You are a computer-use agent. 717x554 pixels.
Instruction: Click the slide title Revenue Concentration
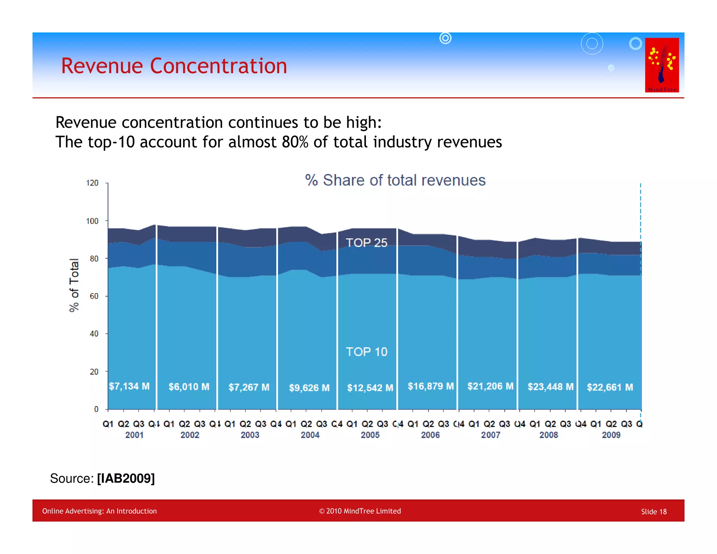pyautogui.click(x=174, y=66)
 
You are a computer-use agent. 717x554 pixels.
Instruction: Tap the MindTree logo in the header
pyautogui.click(x=662, y=65)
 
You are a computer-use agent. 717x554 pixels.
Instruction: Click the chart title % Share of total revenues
pyautogui.click(x=395, y=180)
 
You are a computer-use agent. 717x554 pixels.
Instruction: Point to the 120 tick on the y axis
pyautogui.click(x=92, y=183)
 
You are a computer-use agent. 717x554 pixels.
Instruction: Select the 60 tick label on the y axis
pyautogui.click(x=94, y=296)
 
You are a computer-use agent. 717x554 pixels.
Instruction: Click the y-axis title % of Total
pyautogui.click(x=74, y=285)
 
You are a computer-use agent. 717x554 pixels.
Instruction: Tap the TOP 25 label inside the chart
pyautogui.click(x=367, y=243)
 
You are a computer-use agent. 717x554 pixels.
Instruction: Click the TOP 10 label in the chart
pyautogui.click(x=367, y=352)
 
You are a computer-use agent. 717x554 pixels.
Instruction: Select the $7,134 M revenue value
pyautogui.click(x=129, y=386)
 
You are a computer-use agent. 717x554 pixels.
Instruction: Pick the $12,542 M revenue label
pyautogui.click(x=370, y=388)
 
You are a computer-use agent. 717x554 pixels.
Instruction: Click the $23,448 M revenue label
pyautogui.click(x=550, y=387)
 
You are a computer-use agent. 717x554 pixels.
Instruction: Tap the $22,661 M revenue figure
pyautogui.click(x=610, y=387)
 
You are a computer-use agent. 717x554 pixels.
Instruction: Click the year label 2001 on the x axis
pyautogui.click(x=134, y=435)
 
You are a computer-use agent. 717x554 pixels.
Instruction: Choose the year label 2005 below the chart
pyautogui.click(x=370, y=435)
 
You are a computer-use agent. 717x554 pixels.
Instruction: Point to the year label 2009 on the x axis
pyautogui.click(x=611, y=435)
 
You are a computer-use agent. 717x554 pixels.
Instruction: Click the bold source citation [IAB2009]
pyautogui.click(x=126, y=478)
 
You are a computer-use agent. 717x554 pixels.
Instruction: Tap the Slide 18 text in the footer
pyautogui.click(x=654, y=512)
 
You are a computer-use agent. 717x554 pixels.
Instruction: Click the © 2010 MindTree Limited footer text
pyautogui.click(x=360, y=511)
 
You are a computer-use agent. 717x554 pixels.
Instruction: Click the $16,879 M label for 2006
pyautogui.click(x=431, y=386)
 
